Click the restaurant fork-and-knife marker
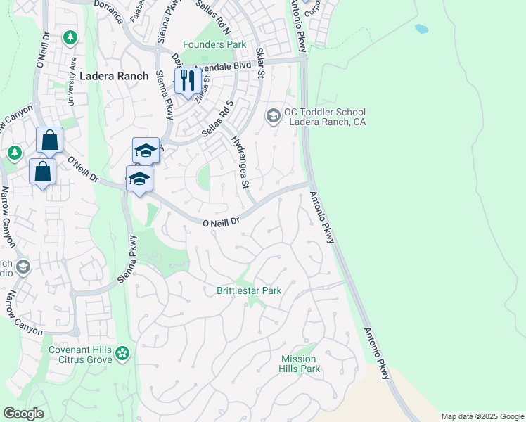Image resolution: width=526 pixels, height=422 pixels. pyautogui.click(x=186, y=80)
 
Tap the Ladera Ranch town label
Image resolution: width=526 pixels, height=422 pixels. pyautogui.click(x=114, y=76)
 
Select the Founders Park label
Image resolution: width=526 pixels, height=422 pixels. pyautogui.click(x=214, y=44)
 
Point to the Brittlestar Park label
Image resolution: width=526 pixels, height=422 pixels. pyautogui.click(x=249, y=290)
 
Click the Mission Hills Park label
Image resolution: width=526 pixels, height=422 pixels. pyautogui.click(x=300, y=364)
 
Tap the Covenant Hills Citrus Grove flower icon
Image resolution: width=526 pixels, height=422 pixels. pyautogui.click(x=123, y=353)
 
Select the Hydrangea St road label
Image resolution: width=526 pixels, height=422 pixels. pyautogui.click(x=240, y=163)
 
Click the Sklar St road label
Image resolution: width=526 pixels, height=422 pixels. pyautogui.click(x=260, y=63)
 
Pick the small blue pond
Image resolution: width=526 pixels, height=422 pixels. pyautogui.click(x=421, y=29)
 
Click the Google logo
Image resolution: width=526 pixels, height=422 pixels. pyautogui.click(x=23, y=414)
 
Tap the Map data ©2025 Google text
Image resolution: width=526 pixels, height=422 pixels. pyautogui.click(x=482, y=416)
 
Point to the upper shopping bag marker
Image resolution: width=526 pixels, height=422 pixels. pyautogui.click(x=50, y=140)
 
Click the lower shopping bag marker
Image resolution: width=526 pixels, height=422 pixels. pyautogui.click(x=42, y=171)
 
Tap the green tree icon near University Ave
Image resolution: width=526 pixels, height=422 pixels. pyautogui.click(x=69, y=37)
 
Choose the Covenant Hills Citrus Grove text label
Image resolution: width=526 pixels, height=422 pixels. pyautogui.click(x=80, y=354)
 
